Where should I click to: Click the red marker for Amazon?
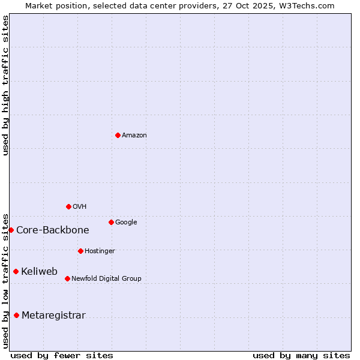click(x=118, y=135)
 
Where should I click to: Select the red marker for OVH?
click(x=68, y=206)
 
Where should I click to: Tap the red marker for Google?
click(x=111, y=222)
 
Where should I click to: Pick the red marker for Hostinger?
click(x=80, y=251)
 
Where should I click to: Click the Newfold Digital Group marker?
click(x=67, y=278)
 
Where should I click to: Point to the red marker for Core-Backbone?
click(x=11, y=230)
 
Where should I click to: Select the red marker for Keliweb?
click(x=16, y=271)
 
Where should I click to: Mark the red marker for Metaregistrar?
click(x=16, y=315)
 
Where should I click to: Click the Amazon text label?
click(x=134, y=135)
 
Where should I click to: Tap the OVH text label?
click(x=80, y=206)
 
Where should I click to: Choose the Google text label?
click(x=126, y=222)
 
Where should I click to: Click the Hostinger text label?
click(x=100, y=251)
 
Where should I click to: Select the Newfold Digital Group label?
click(x=106, y=278)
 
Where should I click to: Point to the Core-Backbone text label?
click(x=53, y=230)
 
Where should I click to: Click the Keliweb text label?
click(x=40, y=271)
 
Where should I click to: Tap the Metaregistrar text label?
click(x=53, y=315)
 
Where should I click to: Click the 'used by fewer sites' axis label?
click(x=62, y=355)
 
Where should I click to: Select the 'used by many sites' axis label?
click(x=301, y=355)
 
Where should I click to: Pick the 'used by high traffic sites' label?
click(x=5, y=85)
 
